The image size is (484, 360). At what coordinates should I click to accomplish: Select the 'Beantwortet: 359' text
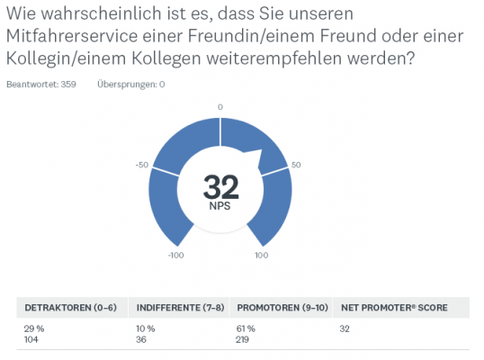pyautogui.click(x=40, y=85)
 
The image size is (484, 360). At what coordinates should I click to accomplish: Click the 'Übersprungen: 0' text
pyautogui.click(x=130, y=85)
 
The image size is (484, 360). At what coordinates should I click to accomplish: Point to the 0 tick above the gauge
pyautogui.click(x=220, y=107)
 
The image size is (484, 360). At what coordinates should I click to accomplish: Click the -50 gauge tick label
pyautogui.click(x=141, y=166)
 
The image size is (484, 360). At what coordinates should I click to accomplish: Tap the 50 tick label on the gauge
pyautogui.click(x=296, y=166)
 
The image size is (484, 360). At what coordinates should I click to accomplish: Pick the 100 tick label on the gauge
pyautogui.click(x=262, y=256)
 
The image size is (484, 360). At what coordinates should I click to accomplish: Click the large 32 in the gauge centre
pyautogui.click(x=220, y=187)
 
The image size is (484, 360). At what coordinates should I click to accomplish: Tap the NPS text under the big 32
pyautogui.click(x=220, y=207)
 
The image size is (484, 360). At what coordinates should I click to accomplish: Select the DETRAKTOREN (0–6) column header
pyautogui.click(x=70, y=307)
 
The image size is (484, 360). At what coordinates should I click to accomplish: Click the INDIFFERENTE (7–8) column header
pyautogui.click(x=176, y=307)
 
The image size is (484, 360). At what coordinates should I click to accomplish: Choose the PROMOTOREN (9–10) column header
pyautogui.click(x=280, y=307)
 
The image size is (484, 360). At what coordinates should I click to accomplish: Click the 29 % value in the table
pyautogui.click(x=33, y=329)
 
